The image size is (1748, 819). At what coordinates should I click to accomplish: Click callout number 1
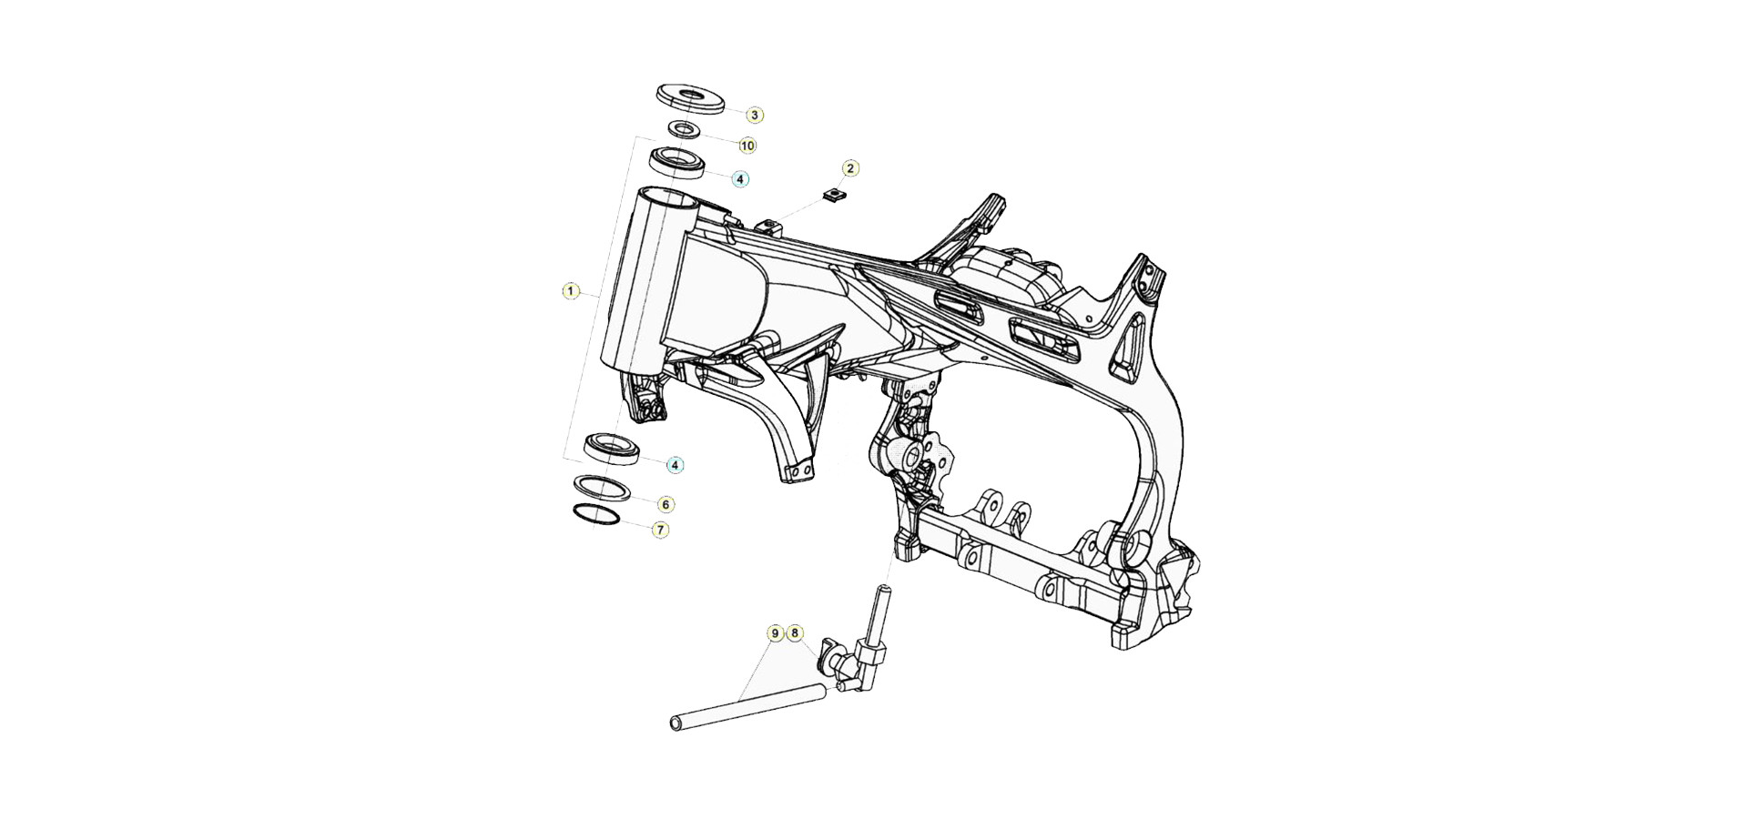tap(571, 291)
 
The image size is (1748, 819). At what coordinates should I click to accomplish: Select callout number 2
tap(850, 168)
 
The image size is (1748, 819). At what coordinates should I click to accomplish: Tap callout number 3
tap(755, 115)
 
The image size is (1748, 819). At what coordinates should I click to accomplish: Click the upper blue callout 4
tap(740, 179)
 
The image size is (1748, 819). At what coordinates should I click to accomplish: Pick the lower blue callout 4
tap(675, 465)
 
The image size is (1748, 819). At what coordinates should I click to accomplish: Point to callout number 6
tap(666, 504)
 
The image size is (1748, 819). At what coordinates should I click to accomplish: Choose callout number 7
tap(661, 529)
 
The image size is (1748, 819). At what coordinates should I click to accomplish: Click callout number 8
tap(794, 632)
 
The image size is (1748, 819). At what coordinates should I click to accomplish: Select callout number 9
tap(775, 632)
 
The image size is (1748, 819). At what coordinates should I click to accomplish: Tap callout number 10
tap(747, 146)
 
